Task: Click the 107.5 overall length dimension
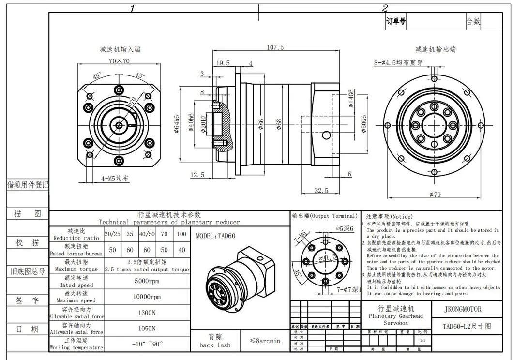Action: (x=275, y=47)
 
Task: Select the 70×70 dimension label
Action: (x=119, y=61)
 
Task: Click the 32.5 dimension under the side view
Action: (x=321, y=191)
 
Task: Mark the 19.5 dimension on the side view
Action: (x=223, y=63)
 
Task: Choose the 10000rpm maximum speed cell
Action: (x=147, y=297)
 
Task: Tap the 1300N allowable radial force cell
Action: (x=147, y=313)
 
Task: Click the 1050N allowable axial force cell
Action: (x=147, y=329)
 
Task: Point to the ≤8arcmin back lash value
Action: (x=265, y=341)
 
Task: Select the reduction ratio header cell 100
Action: (x=181, y=234)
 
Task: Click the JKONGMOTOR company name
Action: (x=463, y=309)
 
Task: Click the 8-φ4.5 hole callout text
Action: (x=398, y=62)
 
